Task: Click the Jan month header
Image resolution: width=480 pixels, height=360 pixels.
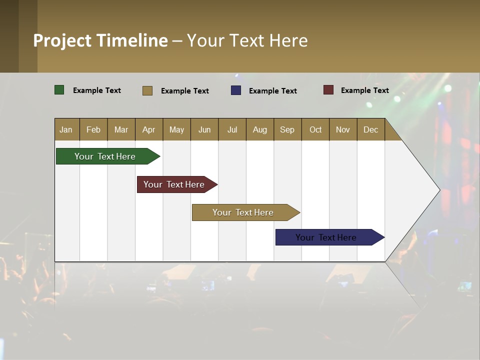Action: click(66, 129)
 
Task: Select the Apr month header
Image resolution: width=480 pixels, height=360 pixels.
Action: click(148, 129)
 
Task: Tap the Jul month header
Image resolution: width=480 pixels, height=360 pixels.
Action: click(232, 129)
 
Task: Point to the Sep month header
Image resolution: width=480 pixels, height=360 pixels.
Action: click(287, 129)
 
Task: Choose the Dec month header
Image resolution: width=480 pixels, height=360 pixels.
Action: click(370, 129)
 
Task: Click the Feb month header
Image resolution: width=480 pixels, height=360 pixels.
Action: click(93, 129)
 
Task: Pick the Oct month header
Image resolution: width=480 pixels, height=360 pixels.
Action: click(315, 129)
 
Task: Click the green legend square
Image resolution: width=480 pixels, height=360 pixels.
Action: click(59, 90)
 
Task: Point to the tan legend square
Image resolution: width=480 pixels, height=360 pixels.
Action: click(147, 90)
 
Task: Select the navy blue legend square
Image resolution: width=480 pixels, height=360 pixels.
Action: click(236, 90)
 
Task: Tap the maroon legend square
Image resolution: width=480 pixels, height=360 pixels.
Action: click(328, 90)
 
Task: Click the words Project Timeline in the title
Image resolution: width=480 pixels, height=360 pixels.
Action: click(100, 40)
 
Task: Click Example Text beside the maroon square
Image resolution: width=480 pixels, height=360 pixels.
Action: click(364, 90)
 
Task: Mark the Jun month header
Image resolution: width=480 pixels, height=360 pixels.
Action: click(204, 129)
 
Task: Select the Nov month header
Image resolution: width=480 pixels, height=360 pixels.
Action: click(343, 129)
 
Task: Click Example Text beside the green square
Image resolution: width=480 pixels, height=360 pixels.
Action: click(97, 90)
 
